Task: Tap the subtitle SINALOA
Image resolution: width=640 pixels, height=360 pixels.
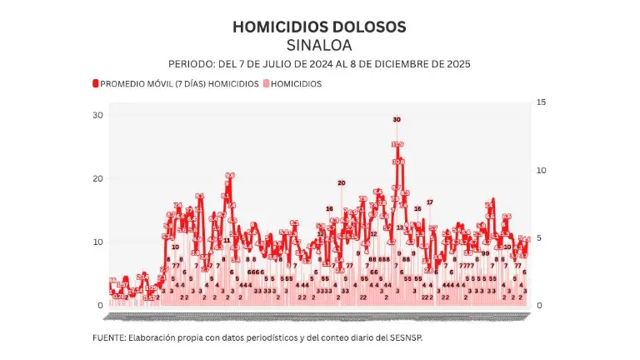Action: pos(319,44)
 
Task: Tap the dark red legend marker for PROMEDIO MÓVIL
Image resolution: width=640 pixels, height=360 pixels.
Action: pos(95,84)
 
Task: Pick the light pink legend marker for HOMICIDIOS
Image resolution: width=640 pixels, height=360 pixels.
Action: pos(267,84)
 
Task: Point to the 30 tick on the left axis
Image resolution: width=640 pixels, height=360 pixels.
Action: pos(97,115)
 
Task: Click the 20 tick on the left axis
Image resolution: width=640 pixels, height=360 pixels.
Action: pos(97,178)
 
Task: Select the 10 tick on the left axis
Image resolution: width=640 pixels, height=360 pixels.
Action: pos(97,242)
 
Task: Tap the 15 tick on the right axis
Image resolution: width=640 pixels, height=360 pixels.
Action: pos(541,102)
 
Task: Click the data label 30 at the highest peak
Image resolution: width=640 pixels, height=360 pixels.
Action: pos(397,120)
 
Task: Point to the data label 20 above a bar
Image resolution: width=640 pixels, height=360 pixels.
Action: pos(341,182)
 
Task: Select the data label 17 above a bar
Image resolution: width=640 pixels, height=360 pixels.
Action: pos(430,202)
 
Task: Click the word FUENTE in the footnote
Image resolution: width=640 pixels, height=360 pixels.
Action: pos(110,337)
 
